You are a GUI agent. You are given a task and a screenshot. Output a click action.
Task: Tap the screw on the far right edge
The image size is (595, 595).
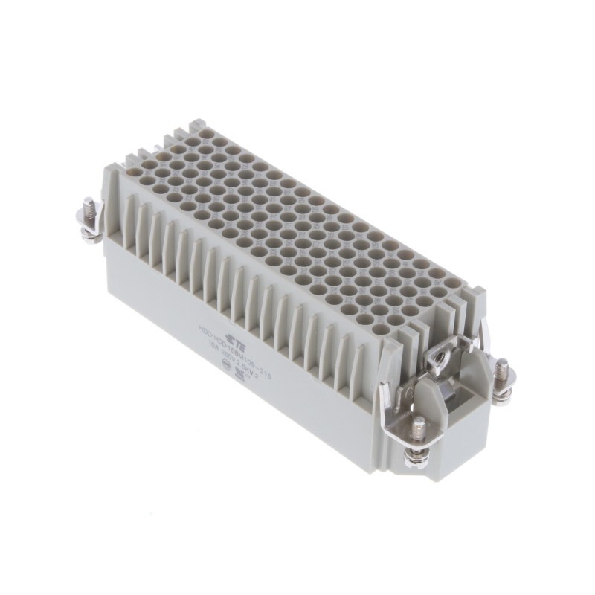(x=502, y=369)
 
